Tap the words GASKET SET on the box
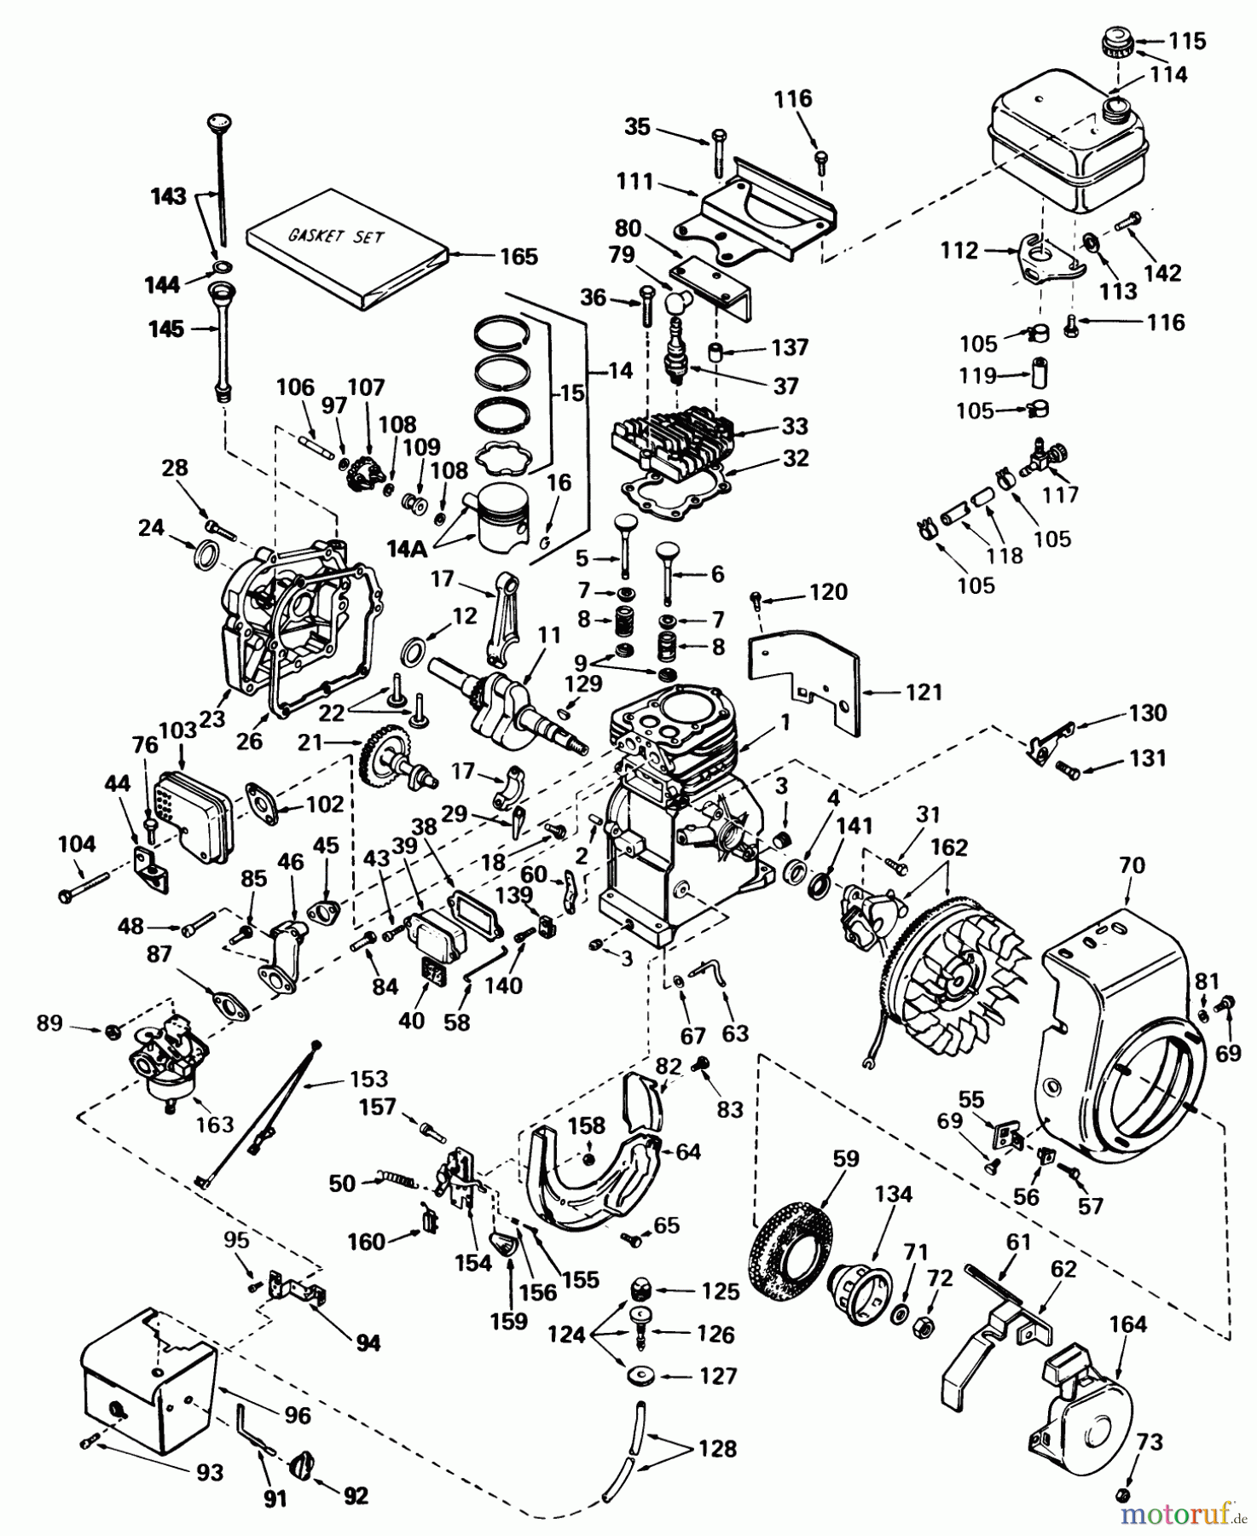point(335,236)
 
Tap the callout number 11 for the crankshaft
point(549,636)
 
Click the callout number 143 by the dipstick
point(168,196)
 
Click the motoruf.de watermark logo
point(1181,1516)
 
